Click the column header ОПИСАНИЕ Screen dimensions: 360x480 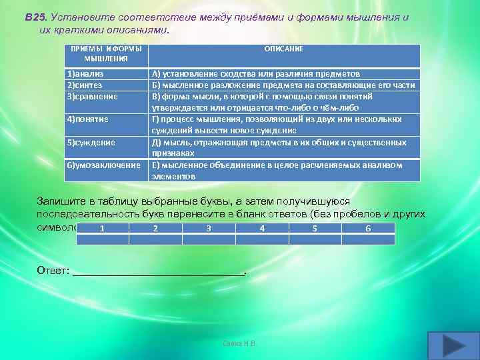[283, 49]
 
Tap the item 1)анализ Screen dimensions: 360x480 [85, 74]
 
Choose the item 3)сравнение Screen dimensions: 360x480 [91, 96]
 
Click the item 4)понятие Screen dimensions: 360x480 [87, 119]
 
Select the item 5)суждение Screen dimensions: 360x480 [90, 142]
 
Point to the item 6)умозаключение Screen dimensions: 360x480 [103, 165]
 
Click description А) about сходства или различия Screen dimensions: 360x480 [256, 74]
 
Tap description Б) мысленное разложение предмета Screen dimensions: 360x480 [283, 85]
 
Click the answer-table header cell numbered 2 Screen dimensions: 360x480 [155, 228]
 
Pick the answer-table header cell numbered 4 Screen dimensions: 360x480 [262, 228]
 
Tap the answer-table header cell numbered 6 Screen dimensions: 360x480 [368, 228]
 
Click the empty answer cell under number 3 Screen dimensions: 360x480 [209, 239]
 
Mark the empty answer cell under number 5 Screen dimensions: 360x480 [315, 239]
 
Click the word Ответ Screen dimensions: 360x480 [53, 271]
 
